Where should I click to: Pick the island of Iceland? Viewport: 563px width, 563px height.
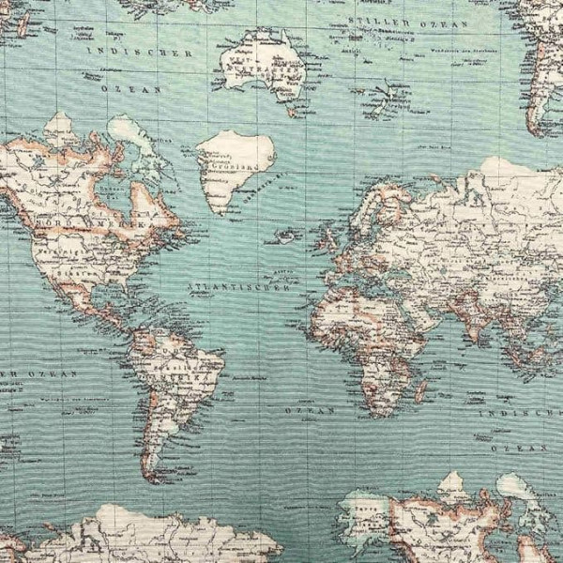pos(286,235)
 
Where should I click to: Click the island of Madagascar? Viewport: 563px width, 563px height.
pos(421,386)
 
